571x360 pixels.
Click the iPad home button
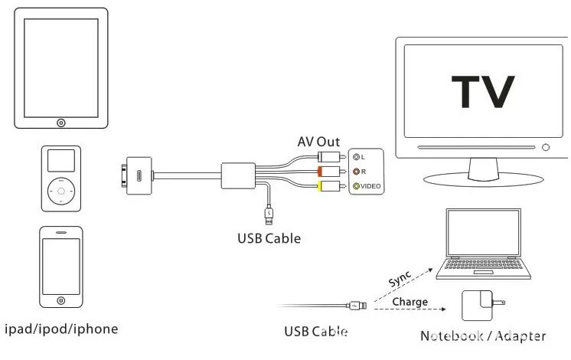click(x=60, y=123)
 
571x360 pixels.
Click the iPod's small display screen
click(x=59, y=161)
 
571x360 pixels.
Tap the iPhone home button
click(x=60, y=298)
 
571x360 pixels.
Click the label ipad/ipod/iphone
click(x=61, y=329)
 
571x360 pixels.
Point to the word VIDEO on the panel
click(x=371, y=187)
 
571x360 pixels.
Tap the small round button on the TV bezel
click(x=546, y=147)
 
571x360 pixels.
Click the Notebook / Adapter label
click(x=483, y=335)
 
